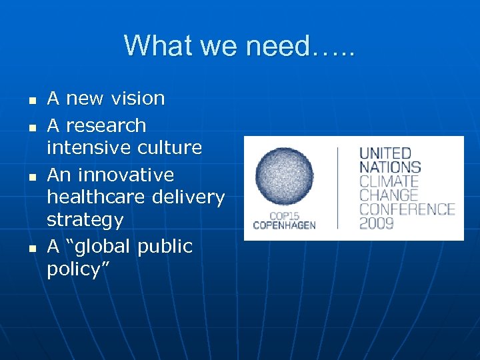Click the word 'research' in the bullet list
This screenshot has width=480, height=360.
(106, 125)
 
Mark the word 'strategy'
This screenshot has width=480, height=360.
(85, 220)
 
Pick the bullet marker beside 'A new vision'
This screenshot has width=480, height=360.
(31, 100)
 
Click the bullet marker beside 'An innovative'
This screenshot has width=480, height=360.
(31, 177)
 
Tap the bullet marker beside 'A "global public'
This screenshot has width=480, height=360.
(31, 249)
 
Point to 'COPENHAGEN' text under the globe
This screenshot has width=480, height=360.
(283, 225)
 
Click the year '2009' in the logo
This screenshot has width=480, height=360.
(378, 223)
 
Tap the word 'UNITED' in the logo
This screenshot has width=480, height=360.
(385, 153)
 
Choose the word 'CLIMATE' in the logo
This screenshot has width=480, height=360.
(389, 181)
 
